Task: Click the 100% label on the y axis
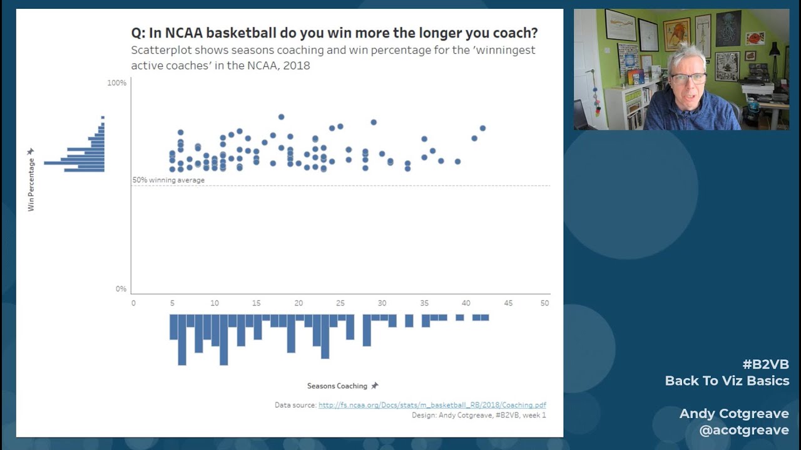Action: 117,83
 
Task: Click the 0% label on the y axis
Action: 121,289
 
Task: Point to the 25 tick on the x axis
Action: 340,303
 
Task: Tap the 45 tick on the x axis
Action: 508,303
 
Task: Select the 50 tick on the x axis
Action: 544,303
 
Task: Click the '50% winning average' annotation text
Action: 168,180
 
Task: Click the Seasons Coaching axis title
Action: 337,386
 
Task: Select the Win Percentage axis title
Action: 31,184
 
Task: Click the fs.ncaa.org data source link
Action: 432,405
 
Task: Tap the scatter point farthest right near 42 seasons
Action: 482,128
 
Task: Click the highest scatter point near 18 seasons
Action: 282,117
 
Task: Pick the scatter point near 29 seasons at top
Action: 374,122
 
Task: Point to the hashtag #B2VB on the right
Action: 765,364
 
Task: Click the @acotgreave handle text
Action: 744,430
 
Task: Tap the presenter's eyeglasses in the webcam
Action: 688,79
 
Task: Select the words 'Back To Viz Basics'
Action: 727,381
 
